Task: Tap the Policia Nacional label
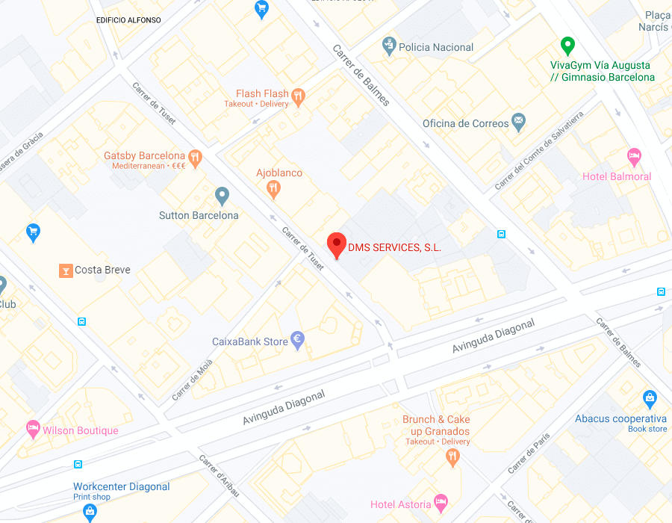[436, 47]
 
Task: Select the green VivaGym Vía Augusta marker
[567, 46]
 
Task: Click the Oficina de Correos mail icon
[519, 123]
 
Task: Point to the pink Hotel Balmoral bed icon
[634, 158]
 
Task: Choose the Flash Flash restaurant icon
[299, 96]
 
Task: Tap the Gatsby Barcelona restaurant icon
[196, 157]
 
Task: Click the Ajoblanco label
[279, 173]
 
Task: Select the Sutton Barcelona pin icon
[222, 196]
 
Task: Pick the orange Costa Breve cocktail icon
[66, 270]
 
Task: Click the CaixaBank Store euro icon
[297, 341]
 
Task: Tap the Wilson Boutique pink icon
[33, 429]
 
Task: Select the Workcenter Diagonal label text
[122, 486]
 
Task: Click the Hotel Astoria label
[400, 505]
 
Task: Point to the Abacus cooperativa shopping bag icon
[650, 400]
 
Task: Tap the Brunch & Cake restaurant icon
[452, 457]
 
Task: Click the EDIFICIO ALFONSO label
[128, 20]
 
